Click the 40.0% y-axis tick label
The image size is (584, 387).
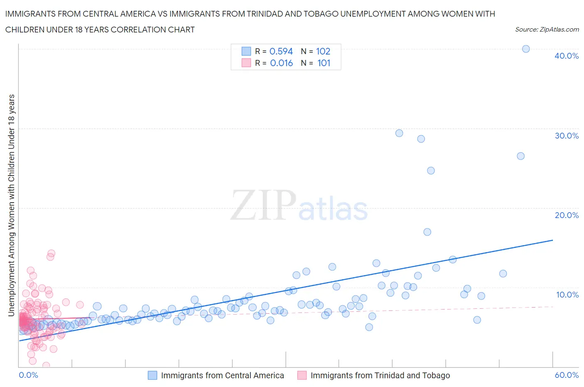coord(566,56)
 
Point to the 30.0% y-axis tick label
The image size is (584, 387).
coord(566,136)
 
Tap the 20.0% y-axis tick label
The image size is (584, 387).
coord(566,215)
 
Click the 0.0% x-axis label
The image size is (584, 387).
coord(28,375)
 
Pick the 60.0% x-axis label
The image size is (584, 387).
coord(566,375)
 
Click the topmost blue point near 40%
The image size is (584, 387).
coord(525,49)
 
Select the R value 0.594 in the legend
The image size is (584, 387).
coord(281,51)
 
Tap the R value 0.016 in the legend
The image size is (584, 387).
coord(281,63)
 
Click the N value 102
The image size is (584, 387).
coord(323,51)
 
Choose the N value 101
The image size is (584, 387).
coord(324,63)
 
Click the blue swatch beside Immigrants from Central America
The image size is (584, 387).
coord(152,375)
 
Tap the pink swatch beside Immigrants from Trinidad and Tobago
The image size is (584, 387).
coord(302,375)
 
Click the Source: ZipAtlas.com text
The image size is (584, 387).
coord(547,30)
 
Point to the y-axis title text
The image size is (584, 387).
coord(11,205)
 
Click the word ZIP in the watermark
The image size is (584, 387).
coord(263,205)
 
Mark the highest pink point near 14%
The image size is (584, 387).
coord(52,253)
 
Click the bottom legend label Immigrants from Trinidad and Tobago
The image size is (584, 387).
coord(380,375)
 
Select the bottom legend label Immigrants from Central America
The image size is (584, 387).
coord(222,375)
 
